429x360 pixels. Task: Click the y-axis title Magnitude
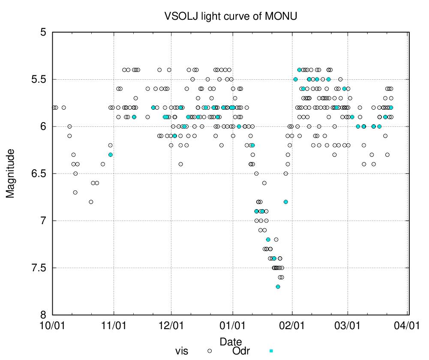(x=10, y=173)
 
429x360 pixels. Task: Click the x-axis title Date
(x=228, y=342)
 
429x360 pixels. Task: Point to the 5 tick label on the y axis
(x=43, y=32)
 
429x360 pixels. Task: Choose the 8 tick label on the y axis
(x=43, y=315)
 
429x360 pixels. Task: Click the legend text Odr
(x=241, y=351)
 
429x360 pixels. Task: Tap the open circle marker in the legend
(x=210, y=351)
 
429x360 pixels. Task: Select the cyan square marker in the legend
(x=270, y=351)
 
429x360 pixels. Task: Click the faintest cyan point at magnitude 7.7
(x=278, y=287)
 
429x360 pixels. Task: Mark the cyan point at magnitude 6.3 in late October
(x=111, y=155)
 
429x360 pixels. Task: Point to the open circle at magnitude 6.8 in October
(x=91, y=202)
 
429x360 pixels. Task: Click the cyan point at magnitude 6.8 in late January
(x=286, y=202)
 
